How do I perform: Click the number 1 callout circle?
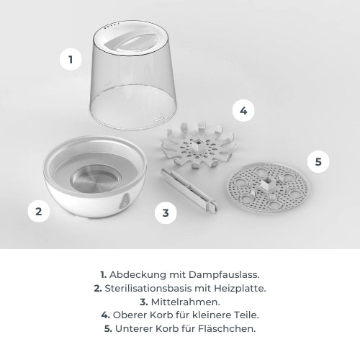pos(71,59)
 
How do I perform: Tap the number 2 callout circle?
pos(39,211)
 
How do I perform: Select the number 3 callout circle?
pos(166,212)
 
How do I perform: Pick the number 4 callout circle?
pos(243,111)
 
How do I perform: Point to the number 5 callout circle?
pos(318,161)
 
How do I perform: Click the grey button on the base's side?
pos(124,201)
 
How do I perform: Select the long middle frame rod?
pos(189,189)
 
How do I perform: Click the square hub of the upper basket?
pos(197,145)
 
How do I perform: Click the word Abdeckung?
pos(138,275)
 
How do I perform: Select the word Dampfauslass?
pos(224,275)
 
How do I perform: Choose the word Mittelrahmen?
pos(186,302)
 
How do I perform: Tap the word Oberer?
pos(130,315)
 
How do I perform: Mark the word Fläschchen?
pos(227,328)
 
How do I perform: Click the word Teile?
pos(246,315)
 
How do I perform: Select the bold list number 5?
pos(108,329)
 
